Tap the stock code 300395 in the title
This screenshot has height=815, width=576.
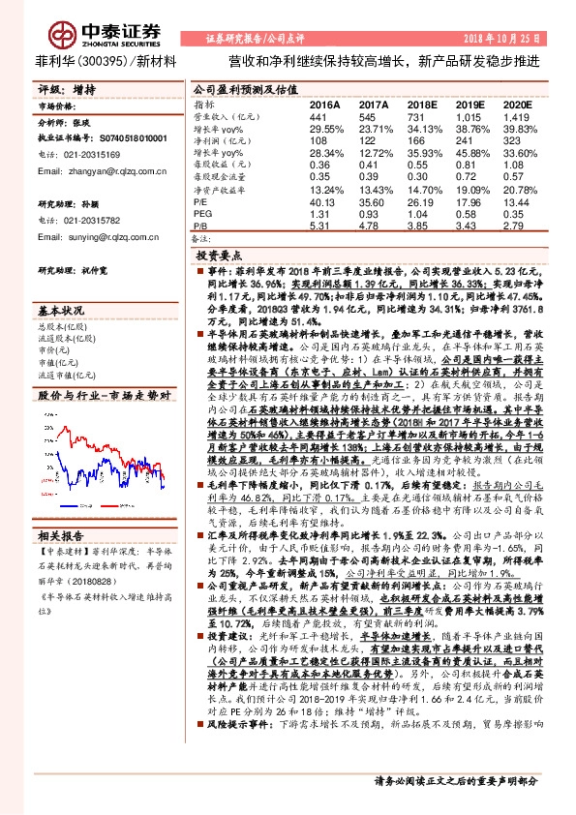(98, 61)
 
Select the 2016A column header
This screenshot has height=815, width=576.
(324, 104)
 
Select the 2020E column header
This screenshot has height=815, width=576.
(518, 104)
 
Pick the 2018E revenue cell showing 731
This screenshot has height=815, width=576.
(420, 116)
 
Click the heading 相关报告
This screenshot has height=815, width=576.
(63, 534)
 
